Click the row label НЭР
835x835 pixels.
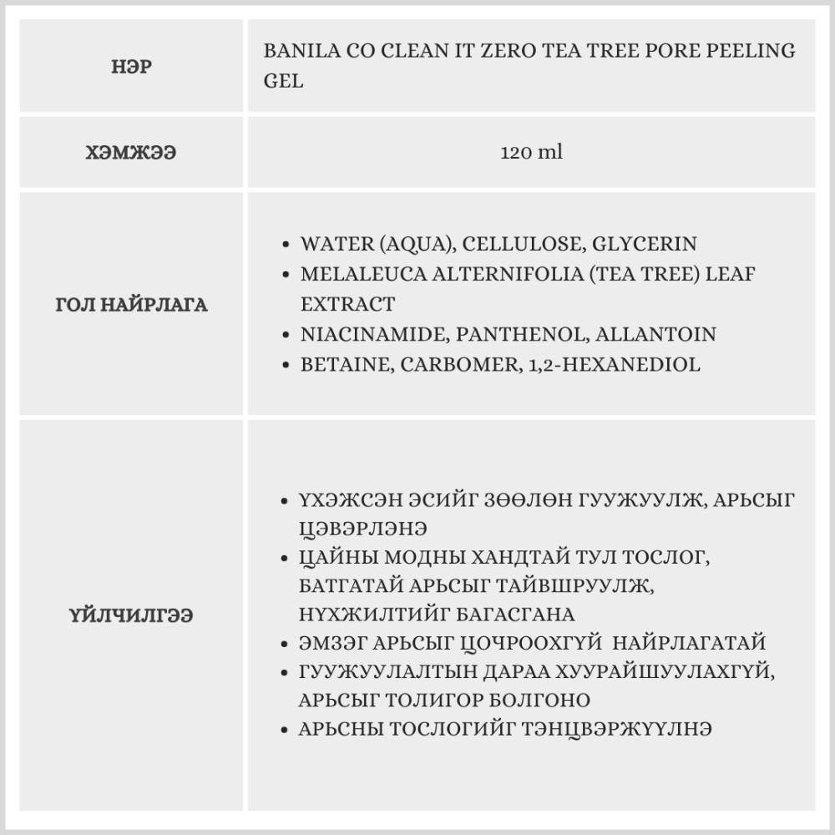tap(132, 67)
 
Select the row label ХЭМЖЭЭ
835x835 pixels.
tap(131, 153)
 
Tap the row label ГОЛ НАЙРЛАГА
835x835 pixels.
tap(131, 305)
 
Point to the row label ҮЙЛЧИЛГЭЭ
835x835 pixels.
tap(131, 615)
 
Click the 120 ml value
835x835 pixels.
tap(531, 153)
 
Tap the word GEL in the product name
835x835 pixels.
tap(283, 82)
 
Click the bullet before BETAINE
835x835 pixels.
tap(286, 365)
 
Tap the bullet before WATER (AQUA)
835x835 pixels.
tap(286, 245)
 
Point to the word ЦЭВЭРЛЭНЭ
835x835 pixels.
tap(362, 528)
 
